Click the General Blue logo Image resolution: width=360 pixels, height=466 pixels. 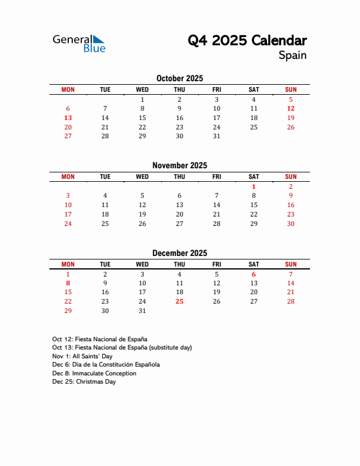[79, 43]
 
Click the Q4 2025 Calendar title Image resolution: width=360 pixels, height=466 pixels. [247, 41]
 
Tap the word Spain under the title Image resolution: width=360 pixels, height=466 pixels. [292, 56]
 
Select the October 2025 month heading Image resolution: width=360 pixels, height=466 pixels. [179, 78]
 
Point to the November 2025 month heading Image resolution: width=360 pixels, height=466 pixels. [179, 165]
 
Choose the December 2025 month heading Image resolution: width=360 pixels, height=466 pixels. [179, 253]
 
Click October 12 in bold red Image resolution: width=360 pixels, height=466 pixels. [291, 108]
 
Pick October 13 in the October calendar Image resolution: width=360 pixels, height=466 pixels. [68, 118]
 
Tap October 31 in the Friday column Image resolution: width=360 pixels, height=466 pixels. [216, 136]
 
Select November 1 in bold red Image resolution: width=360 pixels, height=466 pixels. [254, 187]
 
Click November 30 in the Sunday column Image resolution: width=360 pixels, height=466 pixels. [291, 224]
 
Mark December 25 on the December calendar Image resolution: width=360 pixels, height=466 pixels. [179, 301]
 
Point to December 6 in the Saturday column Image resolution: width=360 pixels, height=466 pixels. [254, 274]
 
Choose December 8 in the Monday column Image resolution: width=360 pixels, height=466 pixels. [68, 283]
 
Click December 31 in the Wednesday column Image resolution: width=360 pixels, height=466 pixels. [142, 311]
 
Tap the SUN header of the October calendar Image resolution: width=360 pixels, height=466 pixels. [291, 89]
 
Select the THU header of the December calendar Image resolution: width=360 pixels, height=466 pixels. [179, 264]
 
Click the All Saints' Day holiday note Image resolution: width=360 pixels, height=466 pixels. [82, 356]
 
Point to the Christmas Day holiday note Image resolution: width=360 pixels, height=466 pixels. [84, 382]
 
